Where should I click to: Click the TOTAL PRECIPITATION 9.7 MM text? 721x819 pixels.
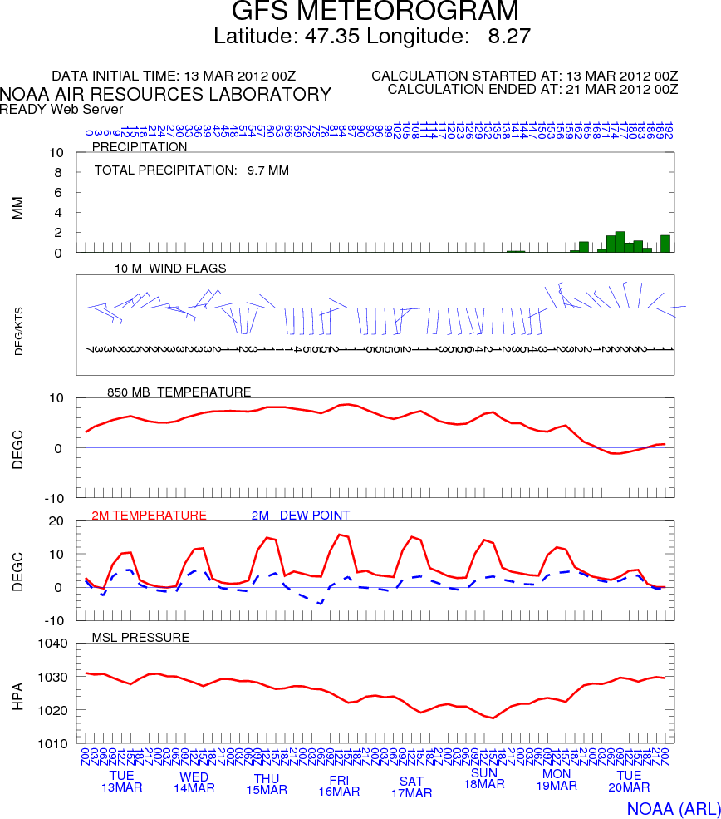click(192, 170)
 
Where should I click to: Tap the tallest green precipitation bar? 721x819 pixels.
click(620, 242)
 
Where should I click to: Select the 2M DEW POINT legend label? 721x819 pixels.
click(300, 516)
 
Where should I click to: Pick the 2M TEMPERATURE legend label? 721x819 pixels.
click(149, 516)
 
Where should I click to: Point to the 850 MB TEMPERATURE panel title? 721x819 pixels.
click(179, 392)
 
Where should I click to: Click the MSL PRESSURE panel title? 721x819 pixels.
click(140, 638)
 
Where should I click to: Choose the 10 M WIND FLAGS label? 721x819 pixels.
click(170, 268)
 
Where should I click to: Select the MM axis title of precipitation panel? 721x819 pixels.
click(18, 207)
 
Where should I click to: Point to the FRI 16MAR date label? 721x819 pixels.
click(339, 786)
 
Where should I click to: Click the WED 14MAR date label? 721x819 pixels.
click(194, 782)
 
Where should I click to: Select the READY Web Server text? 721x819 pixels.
click(61, 109)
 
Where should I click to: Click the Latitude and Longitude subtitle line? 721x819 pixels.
click(371, 37)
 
